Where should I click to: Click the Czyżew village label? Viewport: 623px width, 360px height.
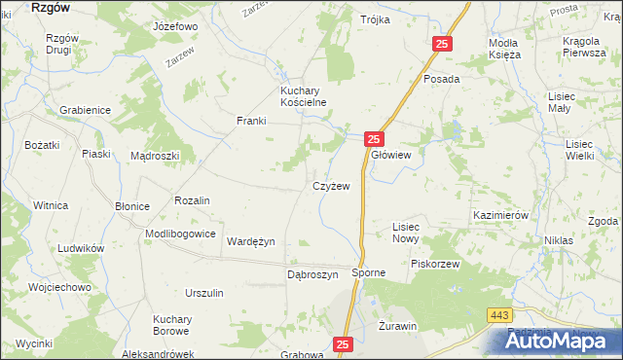(x=330, y=185)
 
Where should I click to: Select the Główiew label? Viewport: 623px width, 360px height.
(x=391, y=155)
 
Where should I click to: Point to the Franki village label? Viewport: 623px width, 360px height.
(x=251, y=121)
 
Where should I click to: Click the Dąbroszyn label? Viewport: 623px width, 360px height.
(x=311, y=275)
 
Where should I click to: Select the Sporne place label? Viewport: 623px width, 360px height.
(x=369, y=273)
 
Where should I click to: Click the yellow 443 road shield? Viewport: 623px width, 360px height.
(x=498, y=313)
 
